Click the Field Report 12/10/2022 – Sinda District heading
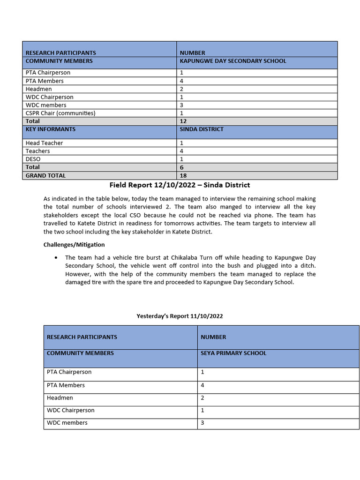(x=180, y=185)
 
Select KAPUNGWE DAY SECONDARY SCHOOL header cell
(x=233, y=61)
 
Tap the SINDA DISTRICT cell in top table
(x=202, y=129)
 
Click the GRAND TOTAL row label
(x=45, y=175)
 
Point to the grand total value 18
(x=183, y=175)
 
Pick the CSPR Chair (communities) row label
(x=60, y=113)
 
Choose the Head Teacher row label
(x=44, y=143)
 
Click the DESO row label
(x=33, y=159)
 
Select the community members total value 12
(x=183, y=121)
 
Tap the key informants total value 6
(x=182, y=167)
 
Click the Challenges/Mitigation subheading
(x=74, y=245)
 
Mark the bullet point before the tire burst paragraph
(x=56, y=258)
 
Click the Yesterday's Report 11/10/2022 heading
(x=180, y=316)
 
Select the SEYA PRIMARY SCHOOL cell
(x=233, y=353)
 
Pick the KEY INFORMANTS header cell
(x=50, y=129)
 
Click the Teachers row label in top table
(x=38, y=151)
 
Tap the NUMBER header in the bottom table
(x=213, y=337)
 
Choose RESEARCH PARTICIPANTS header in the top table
(x=60, y=53)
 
